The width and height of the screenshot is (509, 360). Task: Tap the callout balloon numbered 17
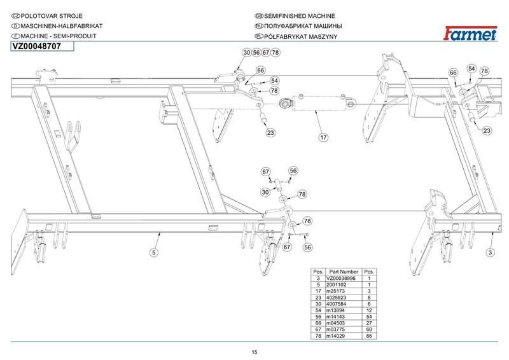pos(323,137)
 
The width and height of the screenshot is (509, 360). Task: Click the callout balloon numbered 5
pos(153,253)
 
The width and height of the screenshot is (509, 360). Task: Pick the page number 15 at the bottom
pos(254,352)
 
